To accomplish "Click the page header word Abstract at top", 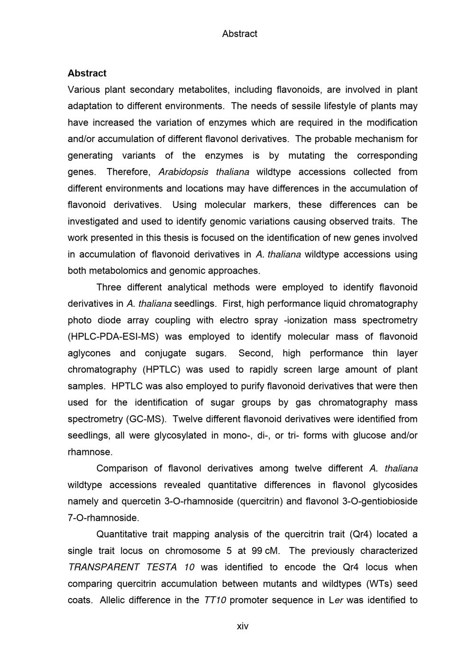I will pos(239,34).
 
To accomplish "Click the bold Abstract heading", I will pos(87,73).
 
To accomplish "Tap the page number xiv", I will pos(243,626).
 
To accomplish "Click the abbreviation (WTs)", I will pos(377,584).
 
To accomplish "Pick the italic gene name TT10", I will pos(215,600).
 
